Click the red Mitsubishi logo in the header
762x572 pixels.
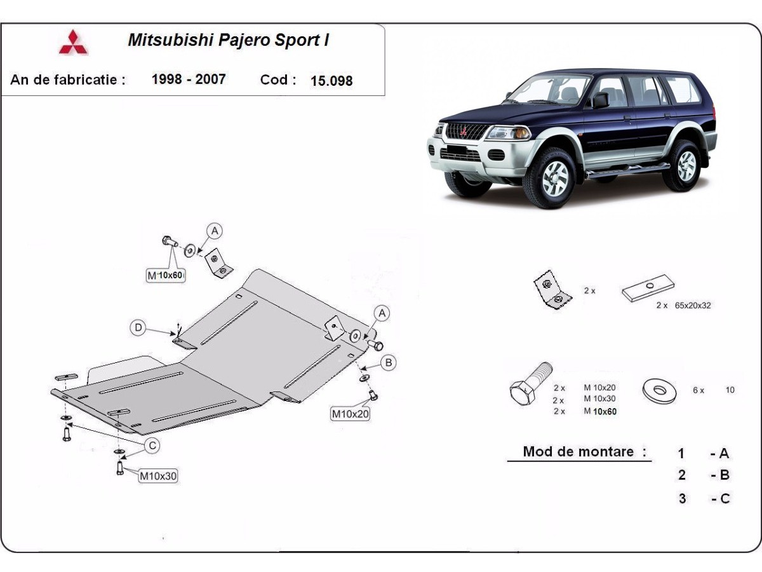(74, 43)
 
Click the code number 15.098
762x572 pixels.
(331, 81)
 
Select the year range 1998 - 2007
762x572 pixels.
(189, 79)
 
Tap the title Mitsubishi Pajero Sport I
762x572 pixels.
(228, 41)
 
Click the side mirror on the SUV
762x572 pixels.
(599, 100)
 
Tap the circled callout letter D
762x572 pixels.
(138, 328)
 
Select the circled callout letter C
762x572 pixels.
(152, 446)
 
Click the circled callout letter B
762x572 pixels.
(389, 363)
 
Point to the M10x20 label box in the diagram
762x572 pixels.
(350, 414)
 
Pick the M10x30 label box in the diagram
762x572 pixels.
(157, 475)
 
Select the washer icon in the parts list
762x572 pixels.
(659, 390)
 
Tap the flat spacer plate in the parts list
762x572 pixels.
(648, 288)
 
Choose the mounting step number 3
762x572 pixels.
(682, 498)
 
